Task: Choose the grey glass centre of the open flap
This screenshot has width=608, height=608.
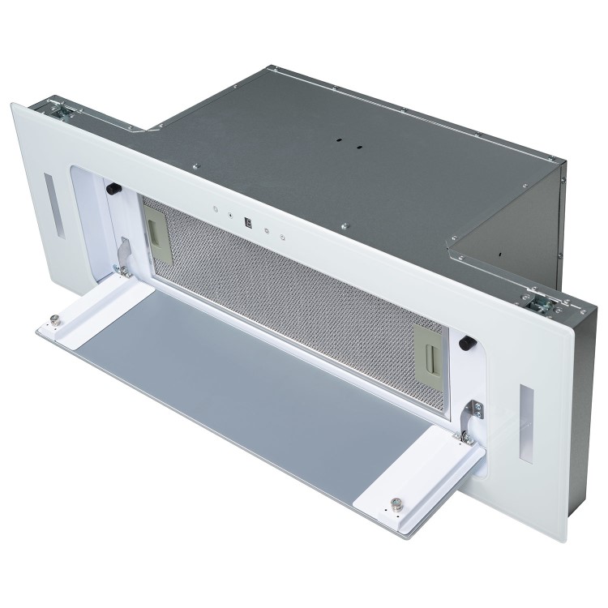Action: [x=243, y=389]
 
